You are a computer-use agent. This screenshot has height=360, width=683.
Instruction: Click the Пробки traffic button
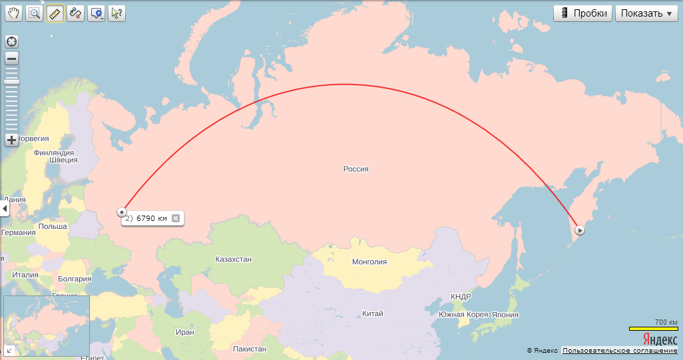click(582, 13)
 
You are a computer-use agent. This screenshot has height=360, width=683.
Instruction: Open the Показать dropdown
click(646, 13)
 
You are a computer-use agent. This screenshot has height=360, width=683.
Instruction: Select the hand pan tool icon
click(13, 13)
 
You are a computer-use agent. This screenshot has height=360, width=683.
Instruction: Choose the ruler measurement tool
click(55, 13)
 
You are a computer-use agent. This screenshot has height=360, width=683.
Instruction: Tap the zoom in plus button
click(12, 140)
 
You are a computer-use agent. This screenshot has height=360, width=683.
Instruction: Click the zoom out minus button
click(12, 59)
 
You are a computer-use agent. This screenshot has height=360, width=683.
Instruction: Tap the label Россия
click(355, 169)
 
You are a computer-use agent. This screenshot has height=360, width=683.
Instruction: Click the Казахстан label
click(234, 259)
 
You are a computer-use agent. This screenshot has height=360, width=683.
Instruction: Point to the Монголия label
click(369, 262)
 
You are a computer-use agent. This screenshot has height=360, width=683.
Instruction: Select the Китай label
click(373, 313)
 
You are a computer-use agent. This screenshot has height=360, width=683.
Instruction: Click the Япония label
click(505, 315)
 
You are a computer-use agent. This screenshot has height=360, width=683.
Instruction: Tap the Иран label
click(185, 332)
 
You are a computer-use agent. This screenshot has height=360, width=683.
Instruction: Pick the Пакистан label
click(250, 349)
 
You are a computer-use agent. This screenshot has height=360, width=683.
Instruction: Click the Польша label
click(53, 226)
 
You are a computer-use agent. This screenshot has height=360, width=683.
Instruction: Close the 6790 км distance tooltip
click(176, 218)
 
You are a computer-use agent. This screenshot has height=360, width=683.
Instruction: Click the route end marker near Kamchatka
click(580, 230)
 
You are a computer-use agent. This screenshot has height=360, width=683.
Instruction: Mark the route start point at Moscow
click(122, 212)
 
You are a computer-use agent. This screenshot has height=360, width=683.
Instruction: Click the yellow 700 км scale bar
click(654, 329)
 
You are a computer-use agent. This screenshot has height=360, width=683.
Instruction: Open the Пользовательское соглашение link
click(620, 351)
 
